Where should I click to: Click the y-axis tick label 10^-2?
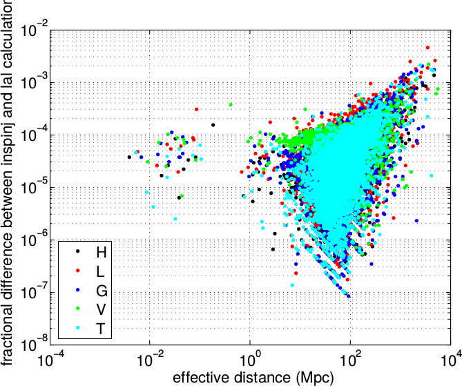34,30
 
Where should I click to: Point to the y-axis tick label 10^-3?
34,83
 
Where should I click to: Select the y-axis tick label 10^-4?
34,135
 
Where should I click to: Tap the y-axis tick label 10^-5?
34,187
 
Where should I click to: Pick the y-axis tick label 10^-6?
34,240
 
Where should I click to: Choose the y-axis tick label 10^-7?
34,292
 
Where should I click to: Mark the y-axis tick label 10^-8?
34,345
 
